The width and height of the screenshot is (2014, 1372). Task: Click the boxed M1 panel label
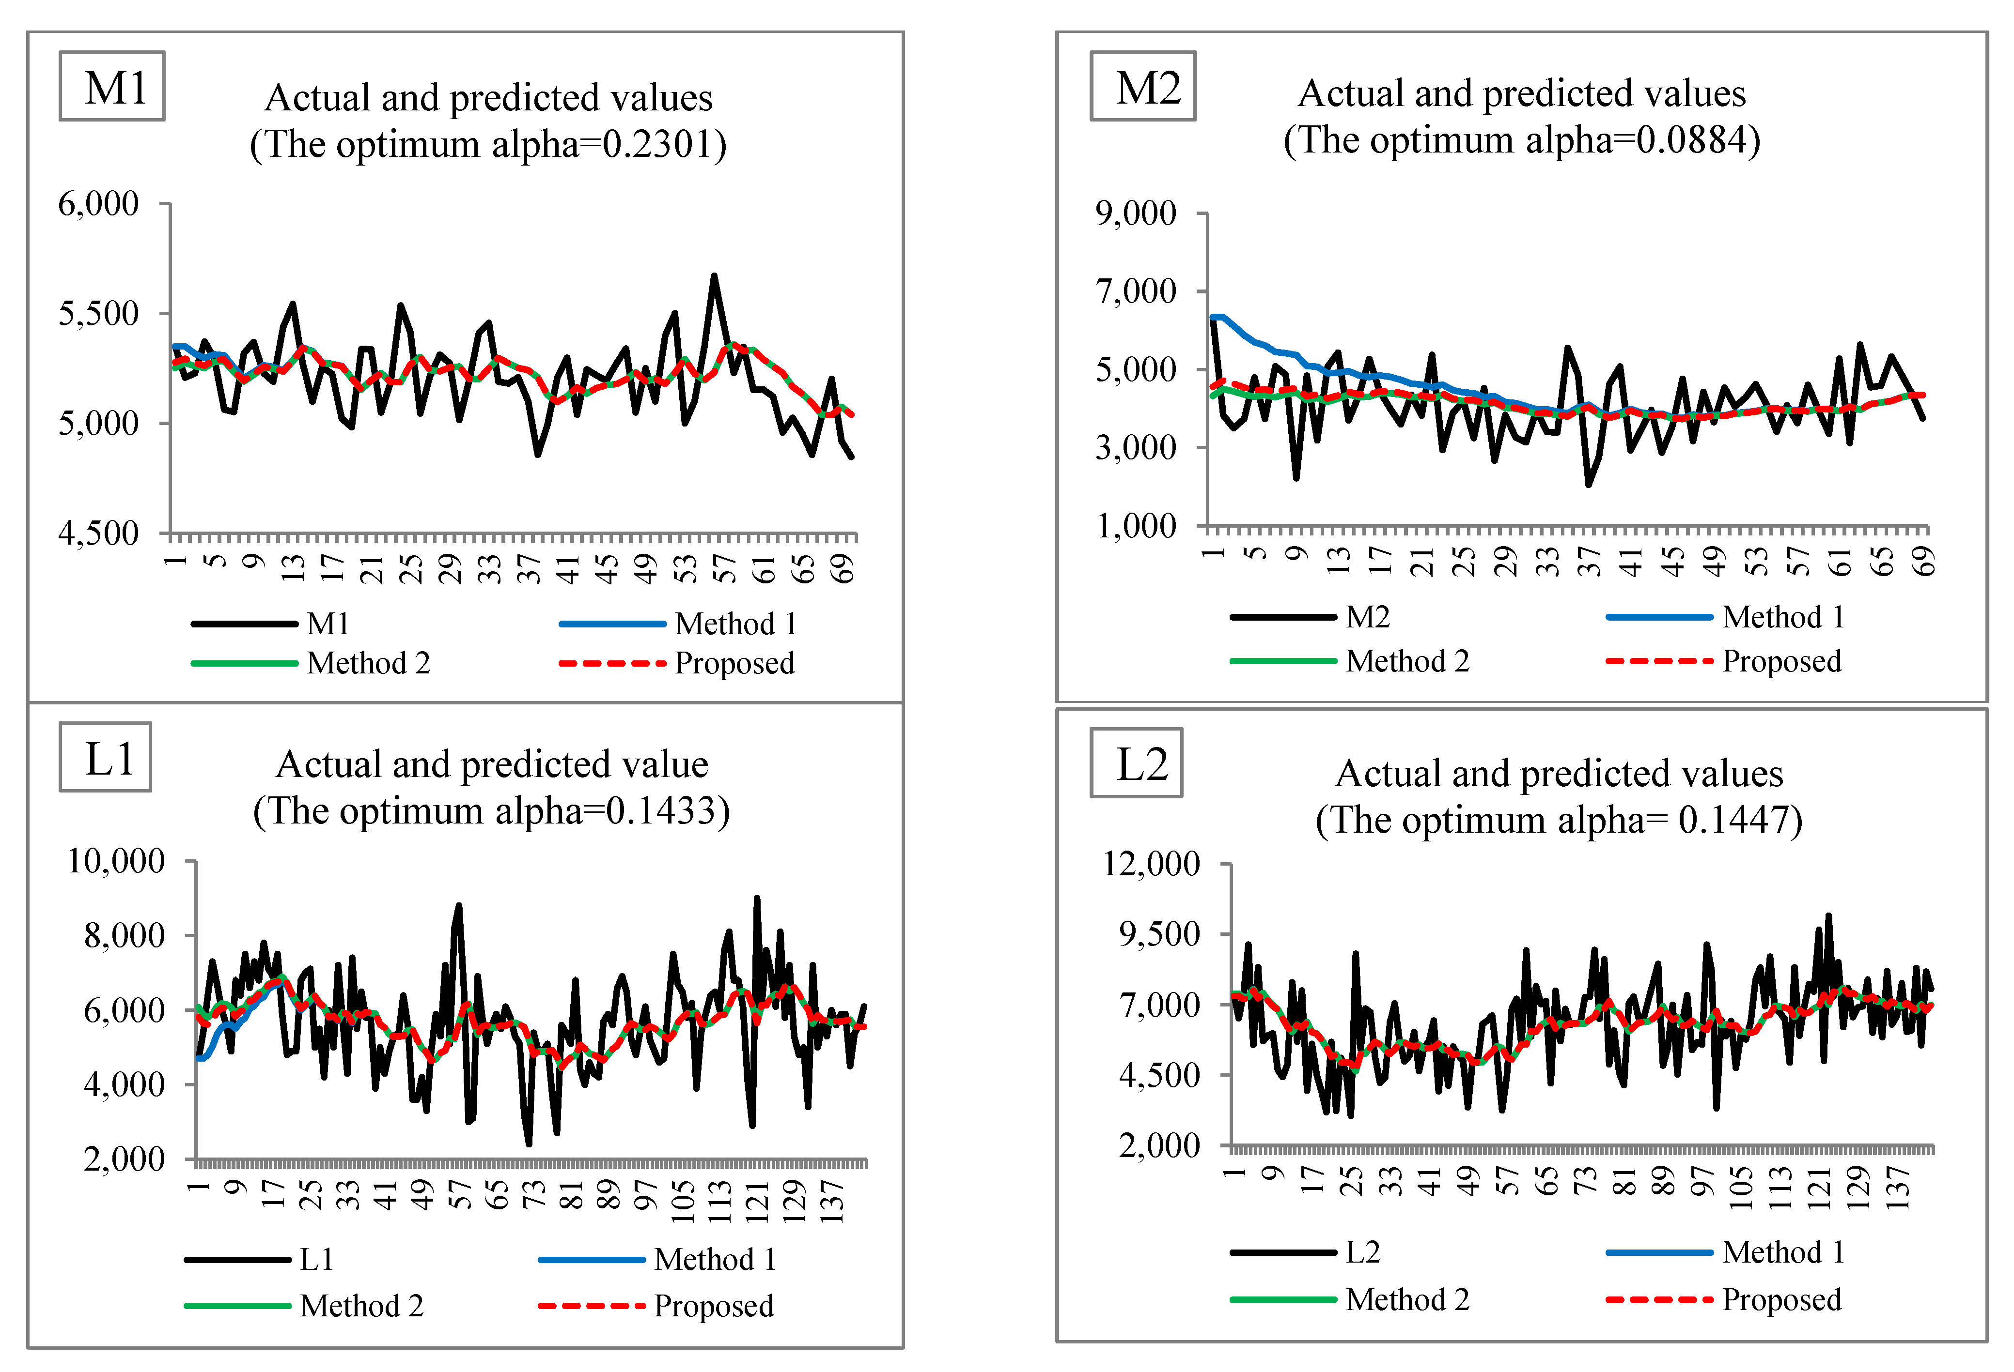(x=112, y=87)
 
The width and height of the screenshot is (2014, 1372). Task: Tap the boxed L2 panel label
(x=1136, y=763)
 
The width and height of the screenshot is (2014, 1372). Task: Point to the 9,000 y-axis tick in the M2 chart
(x=1135, y=213)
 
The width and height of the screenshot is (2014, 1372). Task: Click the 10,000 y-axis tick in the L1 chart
(x=116, y=861)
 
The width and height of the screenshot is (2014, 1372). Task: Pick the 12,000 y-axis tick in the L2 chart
(x=1151, y=864)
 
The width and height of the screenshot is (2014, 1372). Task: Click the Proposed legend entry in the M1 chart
(x=734, y=663)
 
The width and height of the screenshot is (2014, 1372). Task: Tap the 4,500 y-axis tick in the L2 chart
(x=1159, y=1076)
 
